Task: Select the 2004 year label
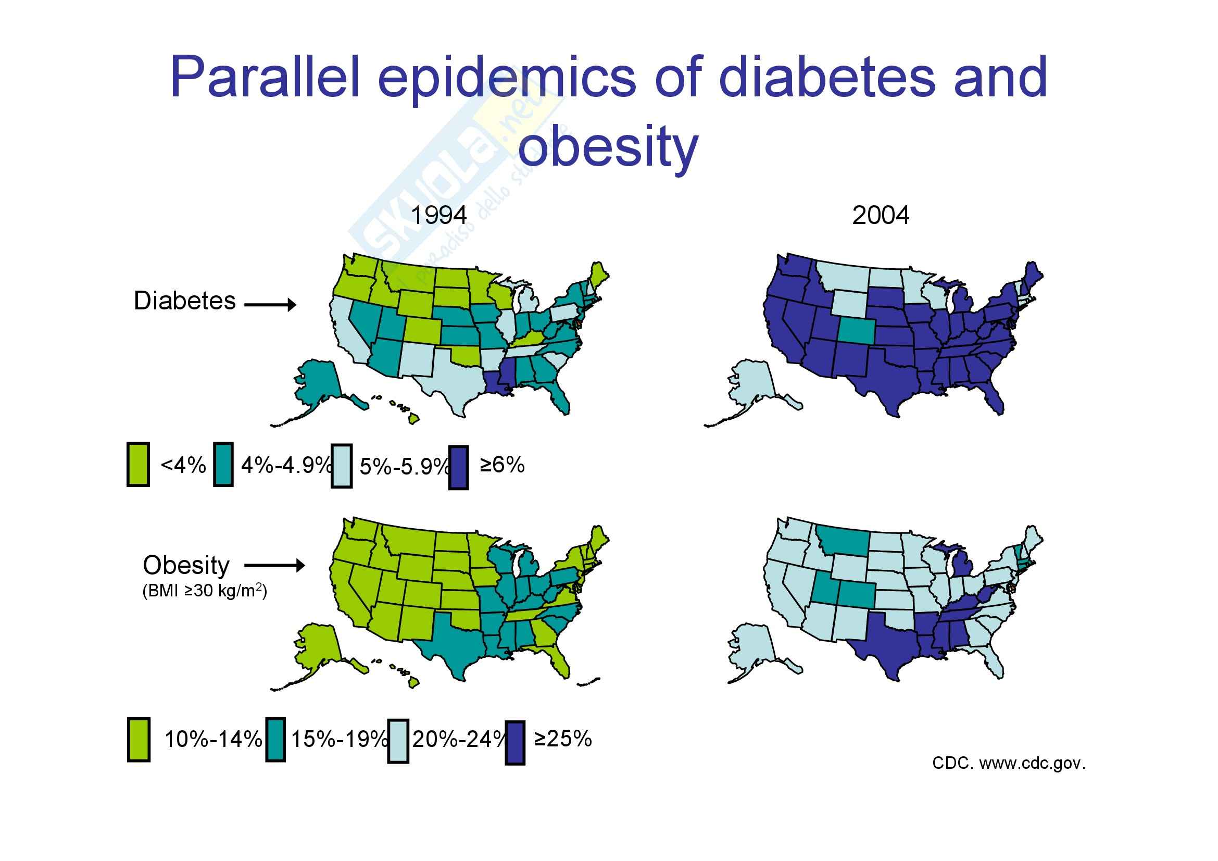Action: pos(880,216)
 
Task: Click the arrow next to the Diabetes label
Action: pos(270,305)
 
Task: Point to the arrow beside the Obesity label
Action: pos(274,566)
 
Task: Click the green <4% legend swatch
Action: pos(138,465)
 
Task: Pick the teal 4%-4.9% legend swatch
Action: pos(223,465)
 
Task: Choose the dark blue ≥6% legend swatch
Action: pos(458,467)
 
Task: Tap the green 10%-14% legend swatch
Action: pos(139,740)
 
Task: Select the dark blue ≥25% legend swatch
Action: pos(514,742)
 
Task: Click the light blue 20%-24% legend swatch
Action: pos(397,741)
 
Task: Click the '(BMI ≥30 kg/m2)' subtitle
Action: pos(204,591)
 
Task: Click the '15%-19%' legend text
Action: pos(339,739)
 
